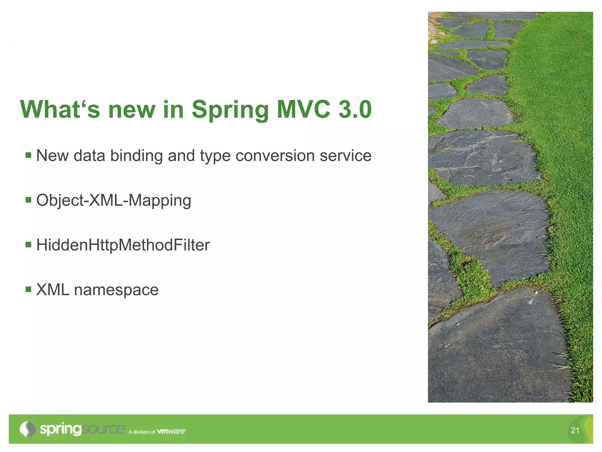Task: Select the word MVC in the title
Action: [x=303, y=109]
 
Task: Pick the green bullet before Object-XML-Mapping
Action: [x=29, y=200]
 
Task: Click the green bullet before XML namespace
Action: [x=29, y=289]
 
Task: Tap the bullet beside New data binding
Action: [x=29, y=155]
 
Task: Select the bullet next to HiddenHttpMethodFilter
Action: [x=29, y=245]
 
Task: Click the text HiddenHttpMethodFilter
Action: [x=123, y=245]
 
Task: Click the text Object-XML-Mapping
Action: [x=113, y=201]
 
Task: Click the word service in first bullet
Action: [x=345, y=156]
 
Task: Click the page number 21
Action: [x=575, y=430]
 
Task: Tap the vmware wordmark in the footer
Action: [x=171, y=431]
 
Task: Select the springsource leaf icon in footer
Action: [x=27, y=429]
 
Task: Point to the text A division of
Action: [x=142, y=432]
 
